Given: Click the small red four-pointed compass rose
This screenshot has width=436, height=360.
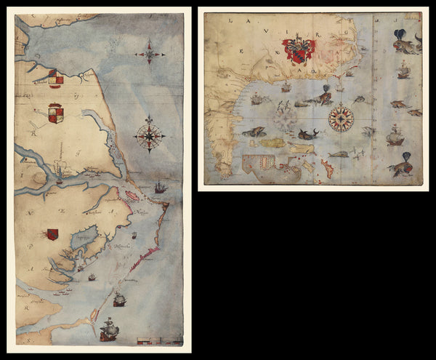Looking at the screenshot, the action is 150,51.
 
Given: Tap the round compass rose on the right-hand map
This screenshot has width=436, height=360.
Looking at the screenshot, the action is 340,119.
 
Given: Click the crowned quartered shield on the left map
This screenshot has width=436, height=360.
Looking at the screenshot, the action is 56,113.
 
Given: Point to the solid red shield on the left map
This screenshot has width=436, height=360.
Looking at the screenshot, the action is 52,234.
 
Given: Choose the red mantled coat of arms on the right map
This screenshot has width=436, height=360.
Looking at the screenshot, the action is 299,50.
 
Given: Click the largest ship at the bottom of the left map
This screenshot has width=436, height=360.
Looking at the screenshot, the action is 109,329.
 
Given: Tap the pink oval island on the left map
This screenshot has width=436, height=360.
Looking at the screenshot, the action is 134,197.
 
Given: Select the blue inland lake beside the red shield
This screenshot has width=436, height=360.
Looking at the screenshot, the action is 81,236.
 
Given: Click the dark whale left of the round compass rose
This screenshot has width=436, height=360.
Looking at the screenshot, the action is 307,135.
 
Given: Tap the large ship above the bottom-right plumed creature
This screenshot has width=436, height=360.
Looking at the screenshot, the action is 395,135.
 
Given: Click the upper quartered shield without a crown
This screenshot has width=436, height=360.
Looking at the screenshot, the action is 55,77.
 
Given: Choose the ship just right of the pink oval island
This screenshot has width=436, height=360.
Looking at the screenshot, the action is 160,188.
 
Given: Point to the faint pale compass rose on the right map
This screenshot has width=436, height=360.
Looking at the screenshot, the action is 285,119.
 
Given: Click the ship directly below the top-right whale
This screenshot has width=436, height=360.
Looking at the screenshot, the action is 403,71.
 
